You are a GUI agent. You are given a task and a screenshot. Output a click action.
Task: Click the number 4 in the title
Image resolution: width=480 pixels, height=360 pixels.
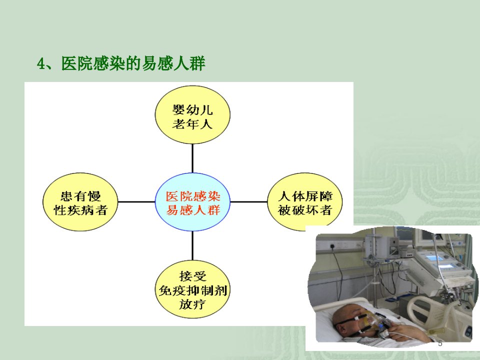click(41, 64)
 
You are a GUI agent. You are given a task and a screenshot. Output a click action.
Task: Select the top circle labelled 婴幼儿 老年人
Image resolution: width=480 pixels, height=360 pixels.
click(192, 115)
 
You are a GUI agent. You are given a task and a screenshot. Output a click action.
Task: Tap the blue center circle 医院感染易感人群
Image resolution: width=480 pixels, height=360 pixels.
click(192, 202)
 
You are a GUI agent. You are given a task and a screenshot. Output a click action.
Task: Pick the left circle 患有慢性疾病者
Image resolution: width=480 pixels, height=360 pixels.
click(80, 202)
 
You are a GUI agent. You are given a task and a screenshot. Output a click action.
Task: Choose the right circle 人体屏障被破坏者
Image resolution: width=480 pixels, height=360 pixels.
click(305, 202)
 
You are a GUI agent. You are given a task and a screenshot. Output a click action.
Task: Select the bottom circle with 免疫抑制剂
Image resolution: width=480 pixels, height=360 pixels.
click(192, 289)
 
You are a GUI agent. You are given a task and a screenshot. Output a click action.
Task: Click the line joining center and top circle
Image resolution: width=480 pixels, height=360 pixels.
click(192, 158)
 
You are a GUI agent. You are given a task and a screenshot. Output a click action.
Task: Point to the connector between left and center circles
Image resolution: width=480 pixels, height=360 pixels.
click(136, 202)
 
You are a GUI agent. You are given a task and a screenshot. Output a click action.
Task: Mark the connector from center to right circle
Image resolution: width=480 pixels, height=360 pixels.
click(248, 202)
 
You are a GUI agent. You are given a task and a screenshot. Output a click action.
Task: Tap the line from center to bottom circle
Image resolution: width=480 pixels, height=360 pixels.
click(192, 246)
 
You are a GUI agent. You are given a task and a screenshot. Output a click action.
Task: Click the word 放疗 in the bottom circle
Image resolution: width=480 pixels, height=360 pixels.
click(192, 304)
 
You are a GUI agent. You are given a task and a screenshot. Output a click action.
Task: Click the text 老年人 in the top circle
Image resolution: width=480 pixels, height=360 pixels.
click(192, 124)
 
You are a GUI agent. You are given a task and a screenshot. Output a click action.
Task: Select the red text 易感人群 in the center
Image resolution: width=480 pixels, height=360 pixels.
click(193, 210)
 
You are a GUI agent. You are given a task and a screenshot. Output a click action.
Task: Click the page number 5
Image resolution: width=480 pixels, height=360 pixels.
click(440, 343)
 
